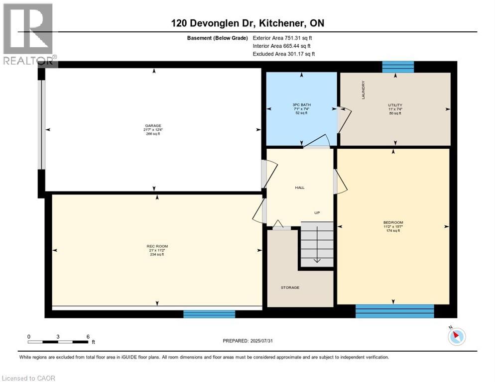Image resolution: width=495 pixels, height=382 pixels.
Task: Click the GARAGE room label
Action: click(153, 126)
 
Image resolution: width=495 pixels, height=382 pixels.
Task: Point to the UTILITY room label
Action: click(395, 105)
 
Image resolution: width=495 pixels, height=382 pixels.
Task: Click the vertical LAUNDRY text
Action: click(364, 90)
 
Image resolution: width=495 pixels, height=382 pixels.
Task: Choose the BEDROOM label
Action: click(393, 222)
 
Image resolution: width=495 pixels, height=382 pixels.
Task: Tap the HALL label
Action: click(300, 188)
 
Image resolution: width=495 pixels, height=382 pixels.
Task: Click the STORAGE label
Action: click(290, 287)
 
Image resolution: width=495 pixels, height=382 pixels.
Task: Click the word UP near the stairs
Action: click(317, 213)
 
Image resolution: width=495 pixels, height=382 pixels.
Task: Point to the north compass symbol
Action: click(456, 337)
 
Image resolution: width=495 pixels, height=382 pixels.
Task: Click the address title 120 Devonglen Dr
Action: click(247, 23)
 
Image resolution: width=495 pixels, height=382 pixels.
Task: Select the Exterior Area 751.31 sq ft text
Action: click(282, 38)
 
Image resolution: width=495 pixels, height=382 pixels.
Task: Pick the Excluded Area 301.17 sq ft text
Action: click(283, 54)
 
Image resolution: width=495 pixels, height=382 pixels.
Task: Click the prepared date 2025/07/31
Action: click(247, 341)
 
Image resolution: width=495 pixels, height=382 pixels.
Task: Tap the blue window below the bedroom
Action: click(394, 311)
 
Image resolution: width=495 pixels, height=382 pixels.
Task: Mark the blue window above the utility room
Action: click(397, 67)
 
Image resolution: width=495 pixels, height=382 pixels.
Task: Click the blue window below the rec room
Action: click(209, 314)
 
